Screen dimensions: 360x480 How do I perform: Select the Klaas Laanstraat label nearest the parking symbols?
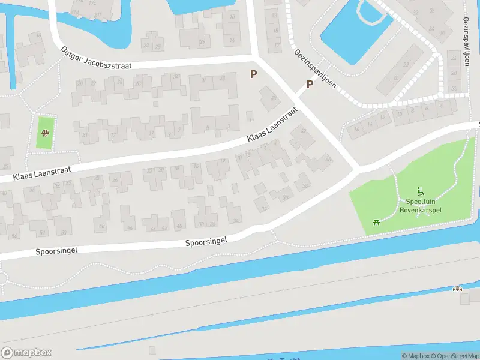[272, 125]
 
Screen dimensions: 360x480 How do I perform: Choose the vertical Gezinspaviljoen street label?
[466, 41]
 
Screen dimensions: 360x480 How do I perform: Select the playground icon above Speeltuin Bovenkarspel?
[421, 193]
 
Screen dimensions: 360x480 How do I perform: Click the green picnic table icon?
[376, 221]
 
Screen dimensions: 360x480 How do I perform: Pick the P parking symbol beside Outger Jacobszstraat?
[254, 74]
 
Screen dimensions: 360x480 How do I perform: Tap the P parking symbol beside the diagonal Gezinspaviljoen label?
[310, 85]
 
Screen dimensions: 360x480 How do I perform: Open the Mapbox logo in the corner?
[26, 353]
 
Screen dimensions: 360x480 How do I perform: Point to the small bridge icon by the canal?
[458, 289]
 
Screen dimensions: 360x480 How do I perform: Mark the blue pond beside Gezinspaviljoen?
[354, 33]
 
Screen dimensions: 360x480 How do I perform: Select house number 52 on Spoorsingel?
[41, 232]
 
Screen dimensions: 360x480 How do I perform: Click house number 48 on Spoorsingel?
[102, 226]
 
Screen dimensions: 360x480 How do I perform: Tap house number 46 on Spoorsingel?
[130, 228]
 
